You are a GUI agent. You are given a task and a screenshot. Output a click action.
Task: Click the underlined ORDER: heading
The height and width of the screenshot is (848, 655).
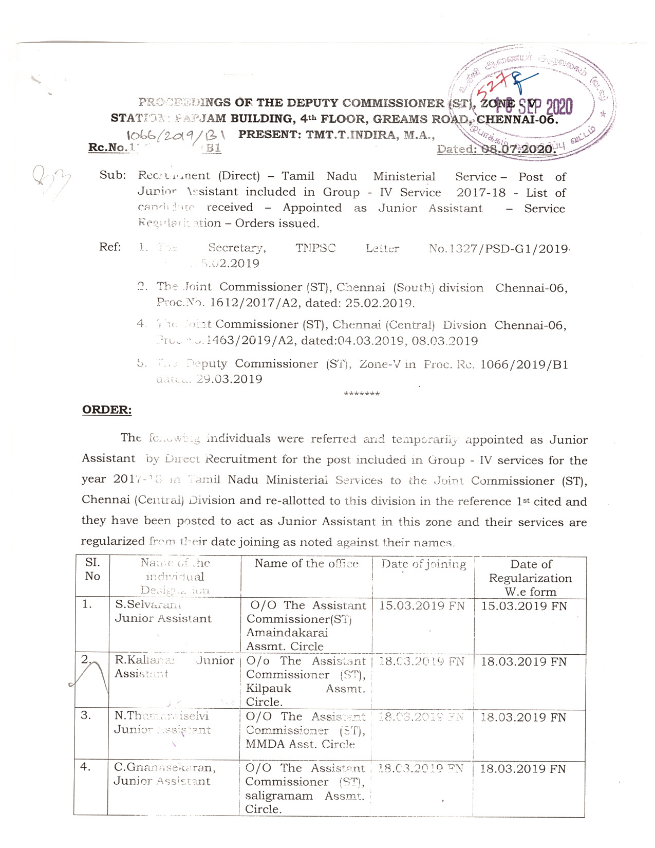107,410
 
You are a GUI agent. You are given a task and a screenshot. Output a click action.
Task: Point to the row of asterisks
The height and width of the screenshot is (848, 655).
362,394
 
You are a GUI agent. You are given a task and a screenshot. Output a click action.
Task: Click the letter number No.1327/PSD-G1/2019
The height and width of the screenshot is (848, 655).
499,249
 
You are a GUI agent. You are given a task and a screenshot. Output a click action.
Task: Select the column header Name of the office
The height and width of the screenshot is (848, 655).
307,563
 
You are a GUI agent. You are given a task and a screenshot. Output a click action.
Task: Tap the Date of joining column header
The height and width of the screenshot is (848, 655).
424,564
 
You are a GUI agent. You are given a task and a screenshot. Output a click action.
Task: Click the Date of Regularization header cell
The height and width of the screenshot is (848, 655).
530,578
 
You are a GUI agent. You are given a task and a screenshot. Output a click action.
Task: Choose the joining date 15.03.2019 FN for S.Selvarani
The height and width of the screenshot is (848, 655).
422,606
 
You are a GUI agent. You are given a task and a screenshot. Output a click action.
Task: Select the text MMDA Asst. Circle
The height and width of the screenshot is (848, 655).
300,744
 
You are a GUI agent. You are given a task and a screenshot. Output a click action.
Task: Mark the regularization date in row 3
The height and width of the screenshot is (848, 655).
523,717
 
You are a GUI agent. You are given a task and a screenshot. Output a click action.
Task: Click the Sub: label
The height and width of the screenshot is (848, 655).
113,175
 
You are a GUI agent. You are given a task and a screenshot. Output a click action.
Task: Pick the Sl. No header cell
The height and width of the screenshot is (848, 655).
92,569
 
